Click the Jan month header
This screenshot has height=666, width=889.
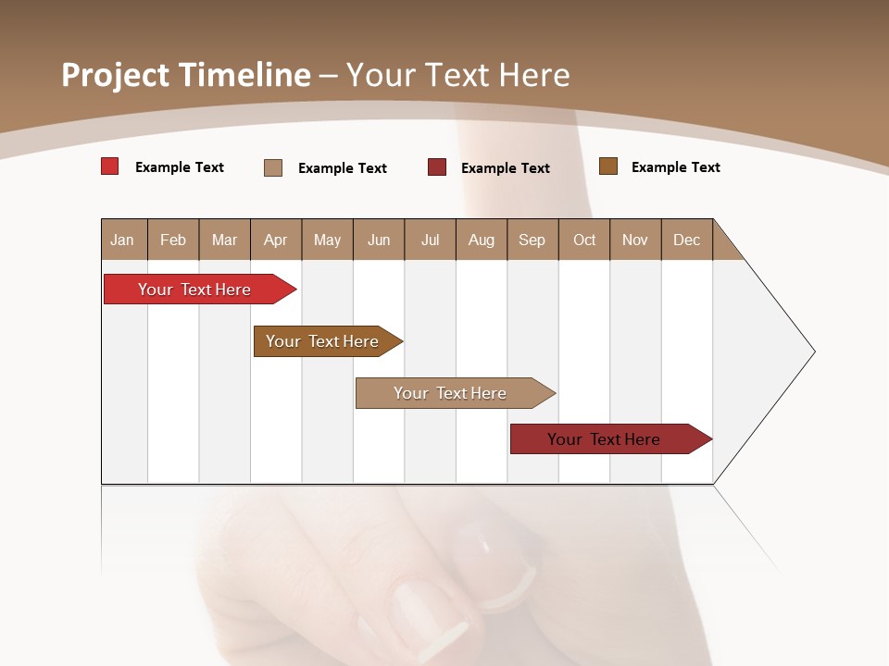tap(123, 240)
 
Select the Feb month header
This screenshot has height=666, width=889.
tap(173, 240)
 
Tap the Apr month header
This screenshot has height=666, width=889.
tap(276, 240)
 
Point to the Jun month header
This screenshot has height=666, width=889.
tap(379, 240)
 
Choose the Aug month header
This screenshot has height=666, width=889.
tap(482, 240)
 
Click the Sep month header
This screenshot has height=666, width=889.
tap(532, 240)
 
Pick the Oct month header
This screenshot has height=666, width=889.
tap(584, 240)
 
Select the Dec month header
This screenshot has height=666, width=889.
tap(687, 240)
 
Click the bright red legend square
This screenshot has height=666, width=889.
tap(110, 166)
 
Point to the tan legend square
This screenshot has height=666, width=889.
tap(273, 167)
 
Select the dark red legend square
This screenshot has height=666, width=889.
tap(437, 167)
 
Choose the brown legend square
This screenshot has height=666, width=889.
tap(608, 166)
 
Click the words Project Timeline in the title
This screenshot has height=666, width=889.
tap(186, 75)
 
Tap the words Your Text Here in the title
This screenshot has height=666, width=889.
tap(458, 75)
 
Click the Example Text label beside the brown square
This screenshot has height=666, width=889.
tap(675, 167)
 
